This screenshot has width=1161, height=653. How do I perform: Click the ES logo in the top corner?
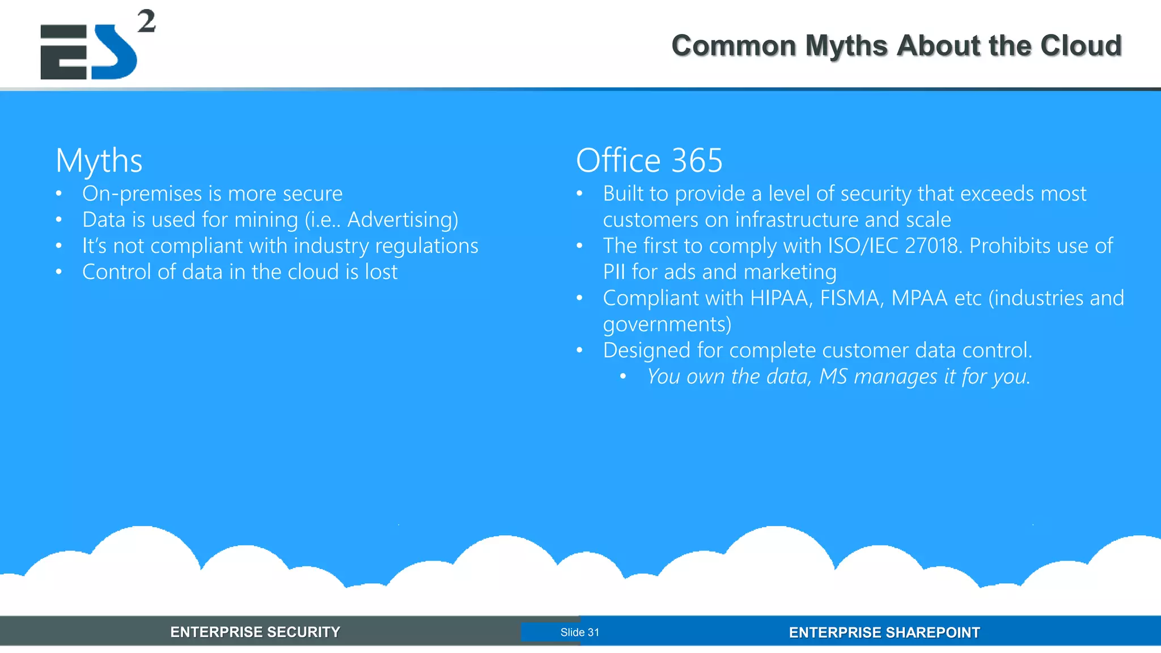[x=89, y=52]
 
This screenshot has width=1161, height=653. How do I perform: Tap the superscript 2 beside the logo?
[x=146, y=22]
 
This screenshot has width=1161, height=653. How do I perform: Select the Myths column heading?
[x=99, y=160]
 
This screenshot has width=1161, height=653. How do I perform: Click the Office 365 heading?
[x=649, y=160]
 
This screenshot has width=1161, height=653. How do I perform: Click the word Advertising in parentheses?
[x=400, y=220]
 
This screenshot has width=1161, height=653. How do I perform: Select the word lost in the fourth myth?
[x=381, y=272]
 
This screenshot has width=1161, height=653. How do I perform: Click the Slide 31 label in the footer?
[x=579, y=633]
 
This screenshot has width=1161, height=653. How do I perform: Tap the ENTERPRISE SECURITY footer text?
[x=255, y=632]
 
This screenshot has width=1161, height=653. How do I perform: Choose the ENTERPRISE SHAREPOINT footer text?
[x=884, y=633]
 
